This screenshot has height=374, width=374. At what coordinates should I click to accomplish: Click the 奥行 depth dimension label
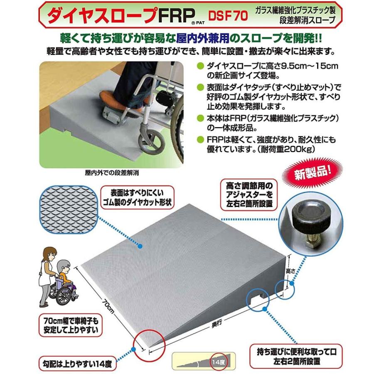coord(212,327)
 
